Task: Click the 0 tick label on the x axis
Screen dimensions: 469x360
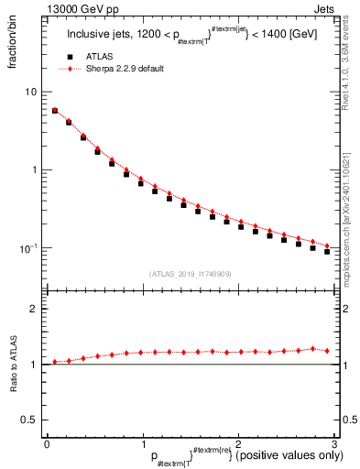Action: point(47,443)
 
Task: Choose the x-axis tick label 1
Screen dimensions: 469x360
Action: point(142,443)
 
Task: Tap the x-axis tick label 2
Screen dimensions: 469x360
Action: point(237,443)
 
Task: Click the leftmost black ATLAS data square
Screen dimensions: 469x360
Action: point(55,111)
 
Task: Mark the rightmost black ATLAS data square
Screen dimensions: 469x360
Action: point(327,251)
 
